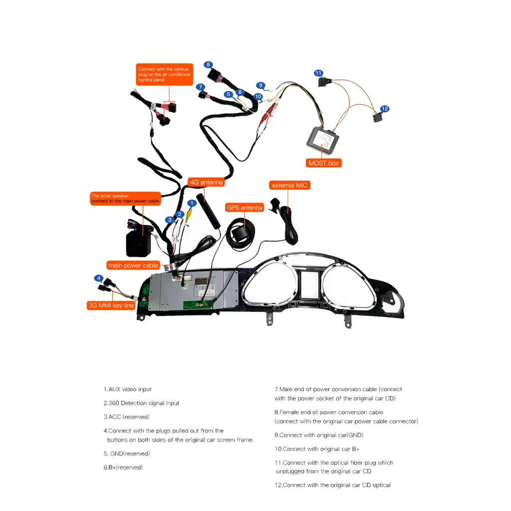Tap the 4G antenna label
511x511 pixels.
[x=206, y=183]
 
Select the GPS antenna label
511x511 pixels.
[x=245, y=208]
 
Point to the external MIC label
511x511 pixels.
[x=290, y=186]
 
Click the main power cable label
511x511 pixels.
[x=133, y=265]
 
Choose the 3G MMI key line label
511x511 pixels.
[x=111, y=305]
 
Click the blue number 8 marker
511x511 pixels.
[x=208, y=65]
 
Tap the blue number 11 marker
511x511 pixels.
[x=318, y=73]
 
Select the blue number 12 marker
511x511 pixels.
[x=385, y=109]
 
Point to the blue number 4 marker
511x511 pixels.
[x=99, y=278]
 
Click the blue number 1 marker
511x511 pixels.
[x=192, y=203]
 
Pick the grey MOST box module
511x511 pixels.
[x=323, y=140]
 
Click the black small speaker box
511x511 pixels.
[x=139, y=243]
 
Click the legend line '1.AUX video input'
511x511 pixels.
[x=128, y=389]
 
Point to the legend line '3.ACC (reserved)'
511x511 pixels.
[x=127, y=417]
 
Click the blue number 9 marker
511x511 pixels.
[x=260, y=85]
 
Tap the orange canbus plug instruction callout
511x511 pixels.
[x=164, y=74]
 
